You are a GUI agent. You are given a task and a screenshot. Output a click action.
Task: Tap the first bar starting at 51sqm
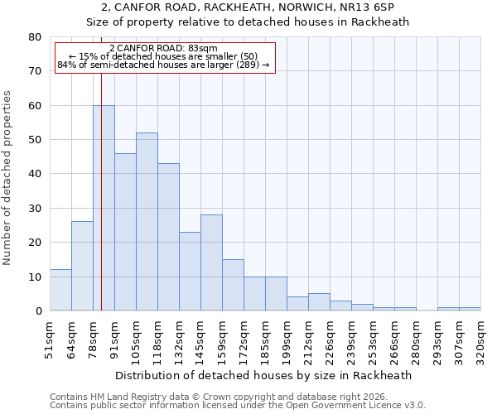[x=60, y=290]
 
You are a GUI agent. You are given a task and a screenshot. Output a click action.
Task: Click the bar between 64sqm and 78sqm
[x=82, y=266]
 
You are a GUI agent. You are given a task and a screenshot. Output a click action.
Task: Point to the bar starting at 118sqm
[x=168, y=237]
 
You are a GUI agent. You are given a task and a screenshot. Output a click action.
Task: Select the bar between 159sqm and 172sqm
[x=233, y=285]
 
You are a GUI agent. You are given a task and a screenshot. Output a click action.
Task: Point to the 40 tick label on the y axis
[x=36, y=174]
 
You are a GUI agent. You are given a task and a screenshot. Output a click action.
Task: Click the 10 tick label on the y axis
[x=36, y=277]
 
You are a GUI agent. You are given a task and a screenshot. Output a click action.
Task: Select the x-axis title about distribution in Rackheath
[x=265, y=375]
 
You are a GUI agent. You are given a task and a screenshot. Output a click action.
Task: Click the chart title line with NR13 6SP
[x=248, y=7]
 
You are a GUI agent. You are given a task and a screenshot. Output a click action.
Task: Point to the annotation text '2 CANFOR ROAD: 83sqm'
[x=163, y=48]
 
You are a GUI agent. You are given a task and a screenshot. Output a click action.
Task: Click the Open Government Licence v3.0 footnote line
[x=238, y=406]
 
